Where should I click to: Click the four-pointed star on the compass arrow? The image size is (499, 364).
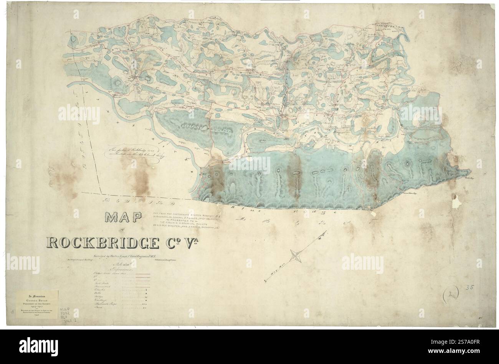point(296,254)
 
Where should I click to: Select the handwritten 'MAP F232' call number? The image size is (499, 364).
point(65,313)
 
